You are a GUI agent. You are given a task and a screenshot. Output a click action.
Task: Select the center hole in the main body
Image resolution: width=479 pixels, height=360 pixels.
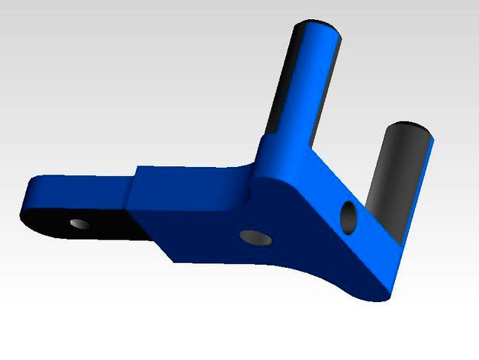click(x=255, y=237)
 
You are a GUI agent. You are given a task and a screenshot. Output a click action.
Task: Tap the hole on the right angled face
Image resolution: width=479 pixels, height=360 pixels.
click(x=348, y=217)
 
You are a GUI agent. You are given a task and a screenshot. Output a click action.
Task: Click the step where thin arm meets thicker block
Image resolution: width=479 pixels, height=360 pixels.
click(x=132, y=191)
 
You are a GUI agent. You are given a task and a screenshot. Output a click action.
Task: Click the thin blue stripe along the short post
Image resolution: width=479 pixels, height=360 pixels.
click(x=425, y=183)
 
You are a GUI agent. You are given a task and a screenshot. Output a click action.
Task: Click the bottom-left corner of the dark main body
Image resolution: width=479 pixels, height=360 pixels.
click(x=174, y=262)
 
